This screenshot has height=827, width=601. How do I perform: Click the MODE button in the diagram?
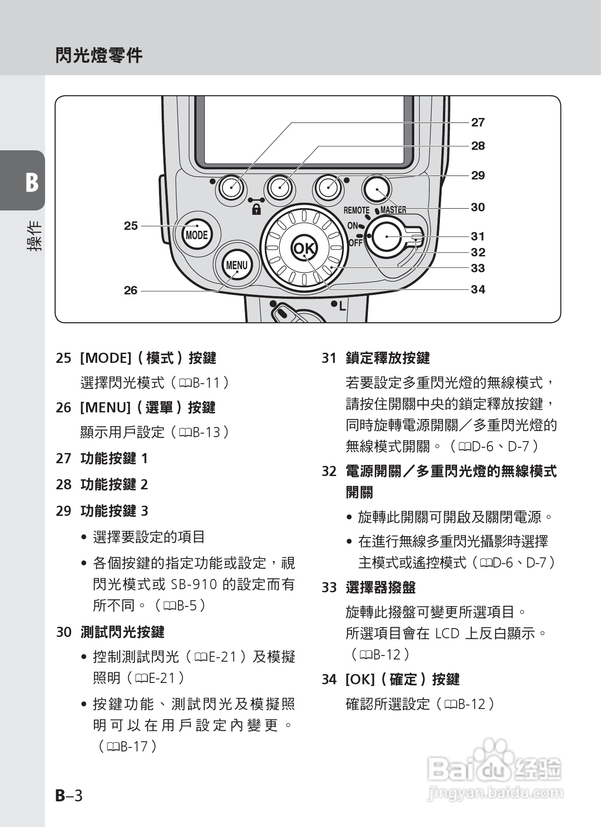pos(197,235)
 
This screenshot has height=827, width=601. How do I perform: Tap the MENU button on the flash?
pos(237,265)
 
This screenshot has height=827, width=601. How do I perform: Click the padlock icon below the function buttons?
pos(256,209)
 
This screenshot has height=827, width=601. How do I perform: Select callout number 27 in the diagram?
pos(478,122)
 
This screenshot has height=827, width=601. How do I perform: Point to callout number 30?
pos(478,207)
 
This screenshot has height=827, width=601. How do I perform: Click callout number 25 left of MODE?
pos(131,226)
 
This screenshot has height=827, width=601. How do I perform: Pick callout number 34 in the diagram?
pos(478,290)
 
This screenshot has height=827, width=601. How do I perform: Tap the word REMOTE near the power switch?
pos(356,210)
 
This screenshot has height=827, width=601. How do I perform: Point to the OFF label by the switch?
pos(355,243)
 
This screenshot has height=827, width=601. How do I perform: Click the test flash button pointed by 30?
pos(376,189)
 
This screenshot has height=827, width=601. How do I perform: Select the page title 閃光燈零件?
pos(99,56)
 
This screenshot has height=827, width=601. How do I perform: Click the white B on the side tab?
pos(31,182)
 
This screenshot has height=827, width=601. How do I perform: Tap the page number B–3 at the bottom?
pos(69,795)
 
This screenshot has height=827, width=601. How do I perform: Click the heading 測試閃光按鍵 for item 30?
pos(122,632)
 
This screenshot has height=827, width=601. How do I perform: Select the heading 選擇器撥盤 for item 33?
pos(381,587)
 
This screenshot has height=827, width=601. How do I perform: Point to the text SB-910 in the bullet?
pos(194,584)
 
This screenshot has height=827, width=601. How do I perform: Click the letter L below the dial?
pos(342,306)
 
